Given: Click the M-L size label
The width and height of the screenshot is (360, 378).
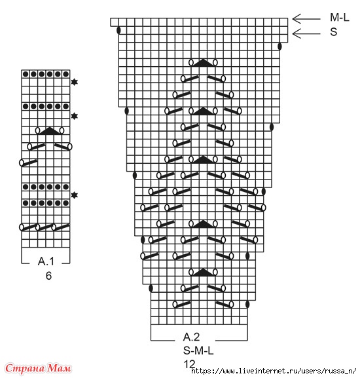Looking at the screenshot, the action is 340,17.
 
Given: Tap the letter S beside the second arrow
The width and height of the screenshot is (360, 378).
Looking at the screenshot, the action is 334,32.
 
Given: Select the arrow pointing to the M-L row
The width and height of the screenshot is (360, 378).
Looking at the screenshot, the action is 306,19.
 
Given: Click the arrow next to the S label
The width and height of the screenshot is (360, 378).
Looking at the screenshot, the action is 306,33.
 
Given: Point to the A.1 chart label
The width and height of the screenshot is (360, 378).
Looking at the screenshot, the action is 46,261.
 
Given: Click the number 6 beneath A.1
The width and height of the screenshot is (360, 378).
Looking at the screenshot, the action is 48,276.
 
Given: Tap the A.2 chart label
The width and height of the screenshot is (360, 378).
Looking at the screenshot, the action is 191,337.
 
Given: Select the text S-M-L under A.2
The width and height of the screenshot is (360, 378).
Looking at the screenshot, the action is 198,350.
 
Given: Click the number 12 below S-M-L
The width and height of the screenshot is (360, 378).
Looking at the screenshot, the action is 190,364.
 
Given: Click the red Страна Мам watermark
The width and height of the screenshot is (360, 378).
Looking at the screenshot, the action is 38,368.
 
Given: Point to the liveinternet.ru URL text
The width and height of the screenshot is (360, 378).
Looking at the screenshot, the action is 274,371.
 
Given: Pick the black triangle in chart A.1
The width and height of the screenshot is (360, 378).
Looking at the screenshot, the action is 50,130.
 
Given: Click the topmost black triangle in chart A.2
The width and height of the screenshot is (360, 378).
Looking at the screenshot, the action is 204,62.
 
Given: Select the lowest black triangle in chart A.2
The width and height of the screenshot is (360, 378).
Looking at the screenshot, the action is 204,272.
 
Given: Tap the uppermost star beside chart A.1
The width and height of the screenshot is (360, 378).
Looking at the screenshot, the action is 75,82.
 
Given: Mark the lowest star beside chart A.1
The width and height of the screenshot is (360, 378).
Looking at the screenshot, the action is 75,195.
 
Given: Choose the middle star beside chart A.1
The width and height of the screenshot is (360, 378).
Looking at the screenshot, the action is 75,116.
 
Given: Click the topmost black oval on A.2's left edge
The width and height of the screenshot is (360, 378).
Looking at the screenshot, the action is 118,30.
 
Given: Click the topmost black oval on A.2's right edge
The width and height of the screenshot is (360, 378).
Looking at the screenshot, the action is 279,47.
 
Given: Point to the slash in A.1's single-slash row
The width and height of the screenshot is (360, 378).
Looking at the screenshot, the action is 28,162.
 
